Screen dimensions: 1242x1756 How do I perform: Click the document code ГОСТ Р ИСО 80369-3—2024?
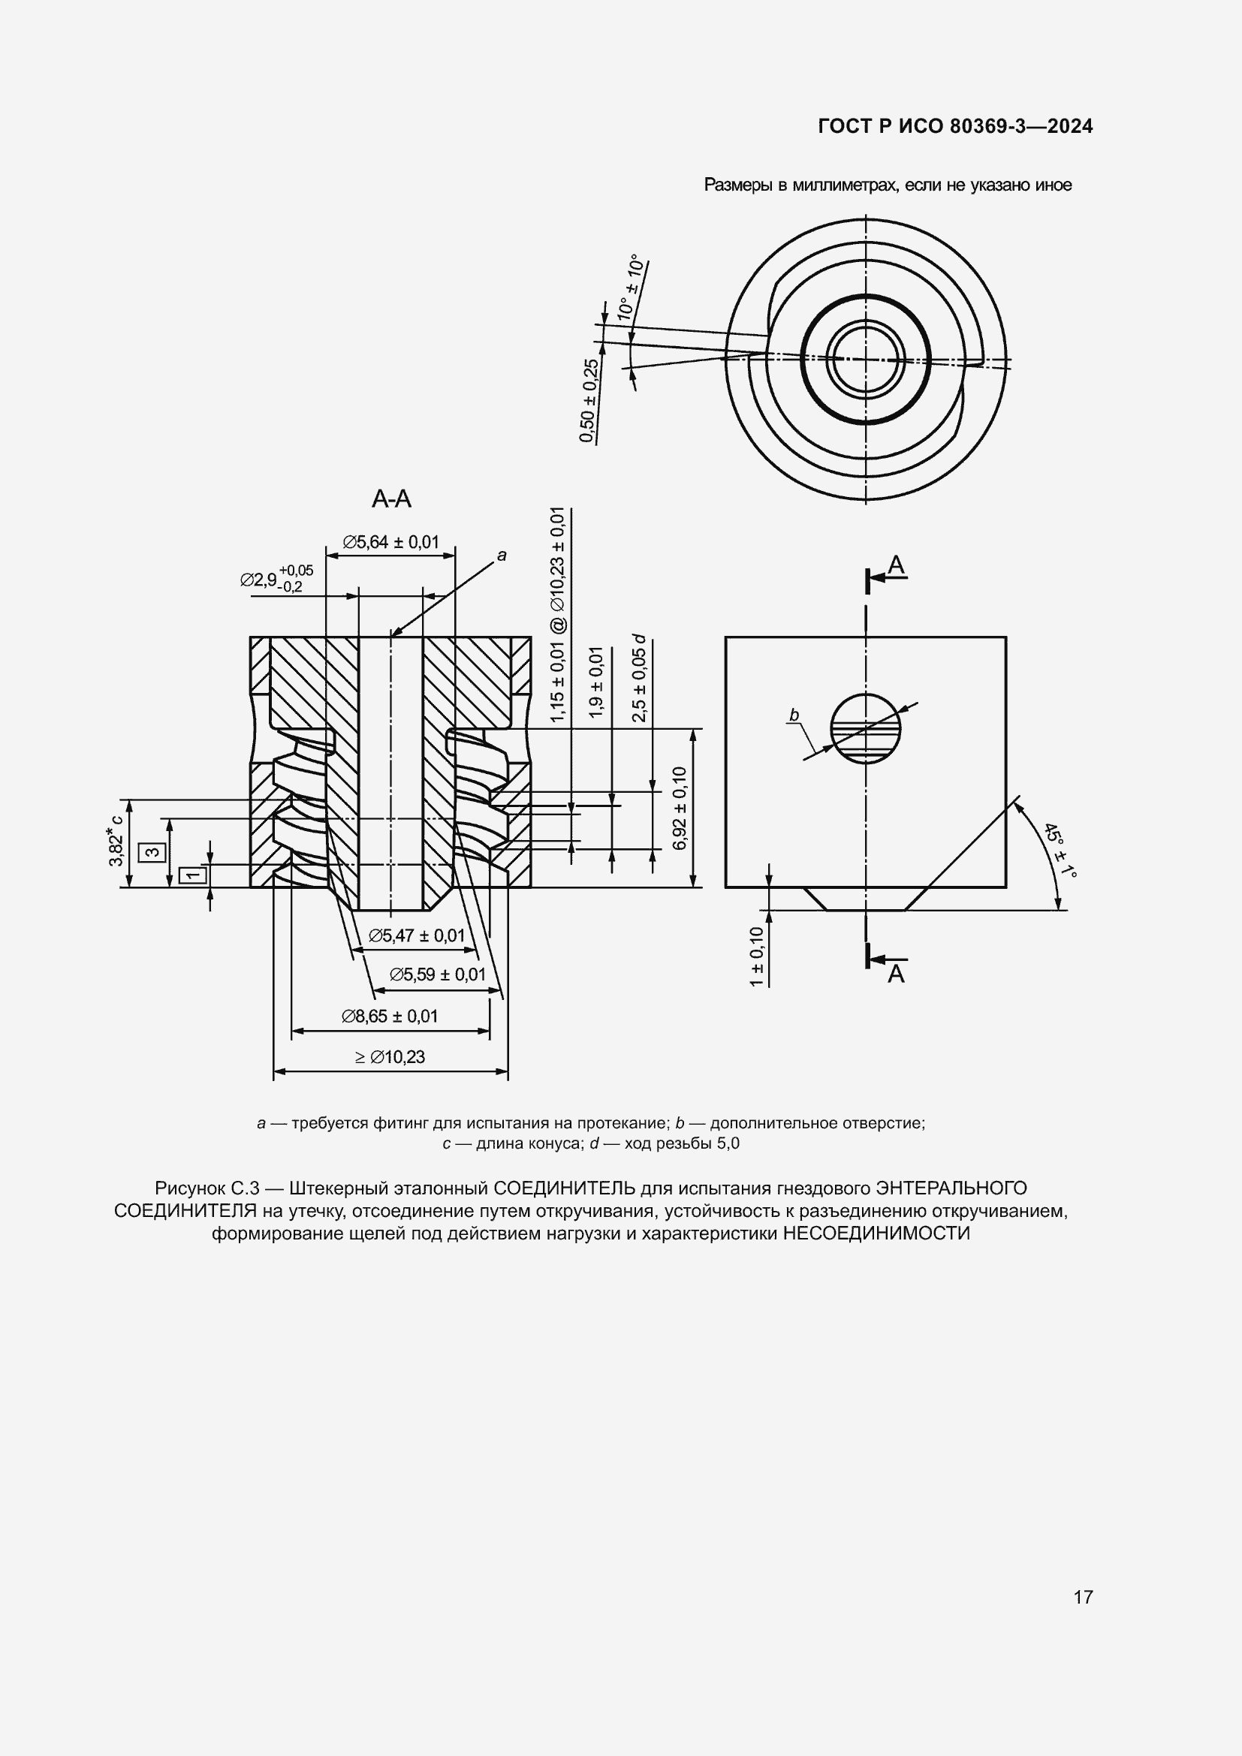click(x=955, y=126)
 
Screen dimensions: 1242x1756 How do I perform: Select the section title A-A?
click(x=391, y=499)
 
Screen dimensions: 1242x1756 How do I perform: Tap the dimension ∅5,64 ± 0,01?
click(x=390, y=542)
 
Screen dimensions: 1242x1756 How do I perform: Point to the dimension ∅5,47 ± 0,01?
click(x=417, y=935)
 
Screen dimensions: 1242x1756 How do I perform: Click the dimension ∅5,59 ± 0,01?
click(x=438, y=974)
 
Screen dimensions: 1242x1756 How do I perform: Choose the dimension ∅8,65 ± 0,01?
click(x=390, y=1016)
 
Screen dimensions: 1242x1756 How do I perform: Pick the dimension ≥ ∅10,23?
click(x=390, y=1057)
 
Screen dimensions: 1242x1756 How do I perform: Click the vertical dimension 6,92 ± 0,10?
click(x=680, y=808)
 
